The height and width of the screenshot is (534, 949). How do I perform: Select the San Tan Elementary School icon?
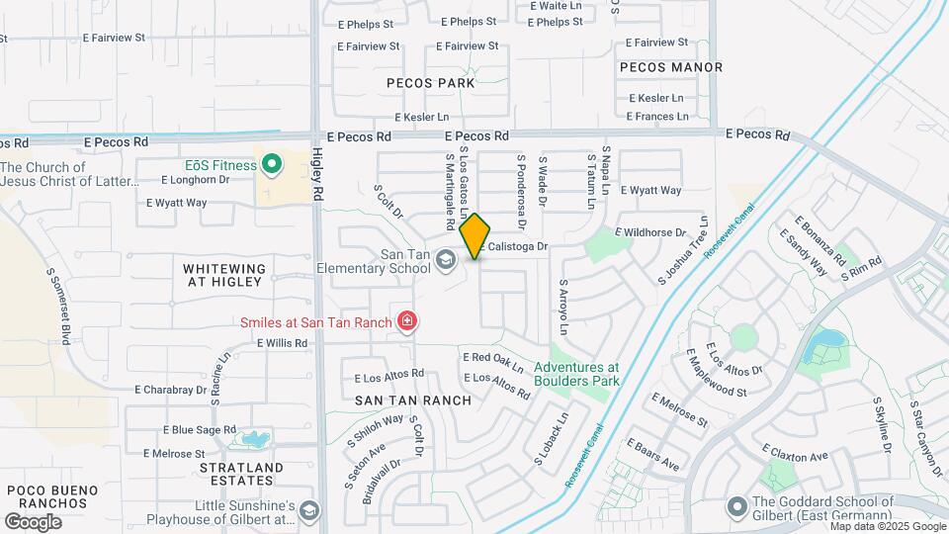[x=446, y=259]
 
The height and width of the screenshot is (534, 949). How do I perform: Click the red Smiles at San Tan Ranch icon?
[x=405, y=320]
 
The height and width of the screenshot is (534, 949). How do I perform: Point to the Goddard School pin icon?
[x=735, y=507]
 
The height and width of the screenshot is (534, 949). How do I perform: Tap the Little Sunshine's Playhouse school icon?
[x=309, y=510]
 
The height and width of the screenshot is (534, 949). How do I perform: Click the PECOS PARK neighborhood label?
[x=430, y=83]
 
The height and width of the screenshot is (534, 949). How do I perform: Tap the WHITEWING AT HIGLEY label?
[x=224, y=275]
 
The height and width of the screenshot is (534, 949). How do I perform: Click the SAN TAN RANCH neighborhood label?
[x=412, y=400]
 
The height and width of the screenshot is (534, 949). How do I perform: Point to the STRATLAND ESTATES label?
[x=241, y=474]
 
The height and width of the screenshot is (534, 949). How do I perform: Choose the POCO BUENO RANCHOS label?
[x=53, y=497]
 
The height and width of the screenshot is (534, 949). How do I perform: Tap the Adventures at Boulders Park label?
[x=576, y=373]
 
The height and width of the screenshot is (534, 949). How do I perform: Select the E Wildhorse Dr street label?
[x=649, y=232]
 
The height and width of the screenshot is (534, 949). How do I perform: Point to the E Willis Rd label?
[x=282, y=343]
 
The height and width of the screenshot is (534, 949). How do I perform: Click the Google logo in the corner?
[x=33, y=521]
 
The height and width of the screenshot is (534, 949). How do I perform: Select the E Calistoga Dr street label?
[x=513, y=246]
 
